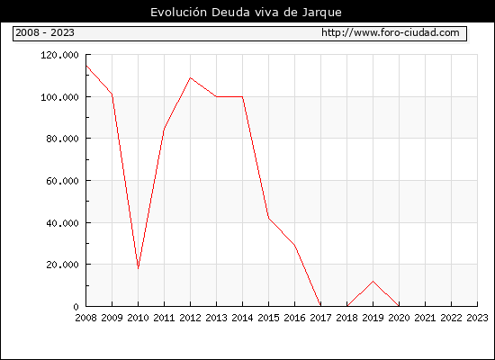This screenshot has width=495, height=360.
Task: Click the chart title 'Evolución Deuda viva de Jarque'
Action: (246, 13)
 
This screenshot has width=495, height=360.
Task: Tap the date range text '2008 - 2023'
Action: (45, 32)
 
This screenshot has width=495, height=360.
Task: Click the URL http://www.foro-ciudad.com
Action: (391, 32)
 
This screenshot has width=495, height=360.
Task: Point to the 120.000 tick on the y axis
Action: (59, 55)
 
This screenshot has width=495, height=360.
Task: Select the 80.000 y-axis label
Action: (62, 139)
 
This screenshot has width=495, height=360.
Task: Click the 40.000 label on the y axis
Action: (62, 223)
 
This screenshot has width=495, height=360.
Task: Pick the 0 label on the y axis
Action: (76, 307)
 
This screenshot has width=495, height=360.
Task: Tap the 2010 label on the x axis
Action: (138, 318)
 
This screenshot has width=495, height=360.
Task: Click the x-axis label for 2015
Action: (269, 318)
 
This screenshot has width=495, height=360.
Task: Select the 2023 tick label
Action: (477, 318)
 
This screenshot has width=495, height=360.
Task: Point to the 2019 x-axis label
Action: (373, 318)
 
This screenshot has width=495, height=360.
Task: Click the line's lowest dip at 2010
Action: (139, 268)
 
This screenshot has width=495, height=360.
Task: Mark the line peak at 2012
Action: (191, 77)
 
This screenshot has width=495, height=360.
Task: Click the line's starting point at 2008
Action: (86, 66)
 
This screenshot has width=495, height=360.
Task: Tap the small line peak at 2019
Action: (373, 281)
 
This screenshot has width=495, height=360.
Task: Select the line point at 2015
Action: (269, 218)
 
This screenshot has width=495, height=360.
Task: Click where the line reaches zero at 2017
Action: (320, 306)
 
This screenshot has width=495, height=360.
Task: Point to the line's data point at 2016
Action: (294, 245)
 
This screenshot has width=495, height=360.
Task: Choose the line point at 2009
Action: (112, 94)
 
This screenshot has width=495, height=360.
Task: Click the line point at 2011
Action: (164, 129)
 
